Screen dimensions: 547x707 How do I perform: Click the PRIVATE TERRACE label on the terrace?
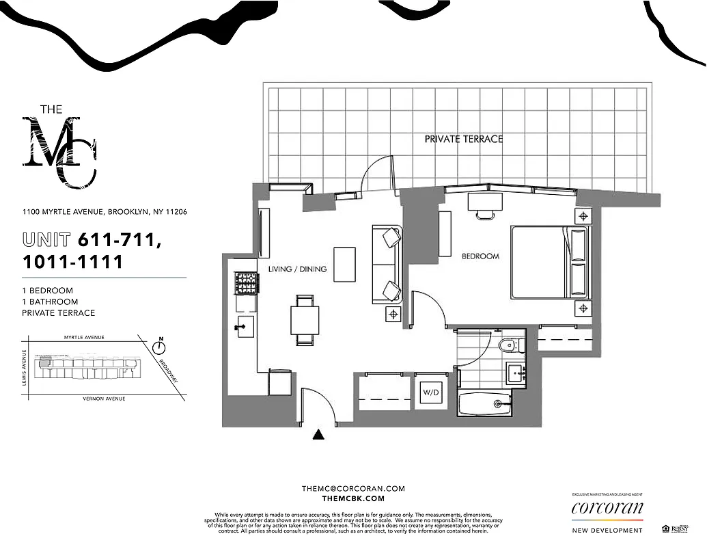click(x=463, y=139)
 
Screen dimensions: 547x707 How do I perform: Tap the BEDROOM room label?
click(x=480, y=256)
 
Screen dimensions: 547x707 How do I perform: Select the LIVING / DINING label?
click(x=297, y=269)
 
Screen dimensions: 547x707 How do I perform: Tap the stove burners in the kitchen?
click(x=245, y=283)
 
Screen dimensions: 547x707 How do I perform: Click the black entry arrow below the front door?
click(x=318, y=433)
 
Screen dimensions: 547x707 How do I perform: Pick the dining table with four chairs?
click(x=305, y=319)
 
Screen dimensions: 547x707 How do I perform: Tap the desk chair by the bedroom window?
click(x=484, y=214)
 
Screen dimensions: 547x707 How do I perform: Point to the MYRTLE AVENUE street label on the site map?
click(x=83, y=337)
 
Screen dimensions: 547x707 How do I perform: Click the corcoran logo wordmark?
click(x=607, y=509)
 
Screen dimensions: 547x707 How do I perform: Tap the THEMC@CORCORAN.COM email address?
click(x=353, y=488)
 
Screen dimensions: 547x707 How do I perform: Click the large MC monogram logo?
click(x=60, y=152)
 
